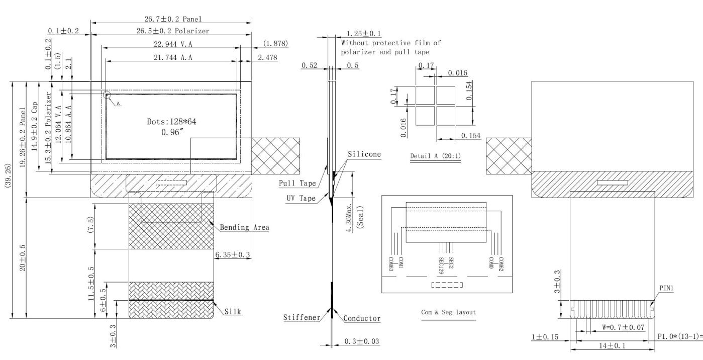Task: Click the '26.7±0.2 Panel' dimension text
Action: [170, 19]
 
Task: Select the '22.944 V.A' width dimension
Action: [170, 44]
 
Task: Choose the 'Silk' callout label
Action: [233, 312]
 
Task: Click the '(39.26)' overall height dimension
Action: [7, 200]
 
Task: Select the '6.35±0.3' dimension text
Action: [233, 255]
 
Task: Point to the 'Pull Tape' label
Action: [297, 183]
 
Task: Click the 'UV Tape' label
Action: [300, 199]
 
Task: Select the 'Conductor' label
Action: [362, 318]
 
